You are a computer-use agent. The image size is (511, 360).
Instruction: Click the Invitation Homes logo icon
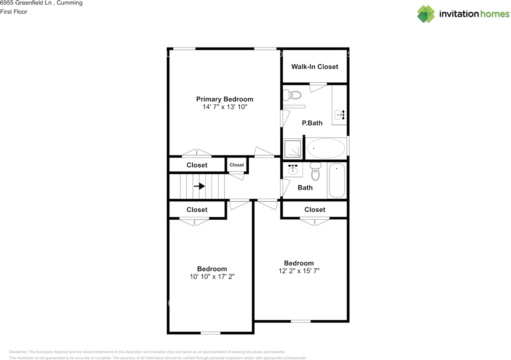coord(426,14)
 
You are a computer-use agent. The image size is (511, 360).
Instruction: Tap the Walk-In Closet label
coord(315,67)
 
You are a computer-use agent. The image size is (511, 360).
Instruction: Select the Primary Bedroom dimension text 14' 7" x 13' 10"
coord(225,107)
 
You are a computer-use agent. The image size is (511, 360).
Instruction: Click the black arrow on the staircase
coord(199,186)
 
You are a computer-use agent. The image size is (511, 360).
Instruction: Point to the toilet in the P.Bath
coord(293,95)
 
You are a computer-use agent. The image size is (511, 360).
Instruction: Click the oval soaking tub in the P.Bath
coord(326,148)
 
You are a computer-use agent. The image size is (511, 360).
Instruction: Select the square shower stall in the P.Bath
coord(293,148)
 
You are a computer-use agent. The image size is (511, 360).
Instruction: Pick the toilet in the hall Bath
coord(315,172)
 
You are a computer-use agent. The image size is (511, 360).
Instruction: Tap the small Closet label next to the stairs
coord(237,165)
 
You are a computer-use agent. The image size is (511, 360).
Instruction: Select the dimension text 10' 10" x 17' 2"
coord(212,276)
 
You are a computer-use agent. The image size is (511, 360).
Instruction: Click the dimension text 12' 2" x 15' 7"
coord(299,270)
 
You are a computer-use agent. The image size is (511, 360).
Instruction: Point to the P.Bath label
coord(312,123)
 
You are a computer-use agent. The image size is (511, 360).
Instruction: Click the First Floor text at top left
coord(14,12)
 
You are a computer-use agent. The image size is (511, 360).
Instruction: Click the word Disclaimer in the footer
coord(18,352)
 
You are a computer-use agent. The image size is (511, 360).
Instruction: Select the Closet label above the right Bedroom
coord(315,209)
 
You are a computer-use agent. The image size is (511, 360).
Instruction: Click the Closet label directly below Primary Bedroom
coord(197,165)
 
